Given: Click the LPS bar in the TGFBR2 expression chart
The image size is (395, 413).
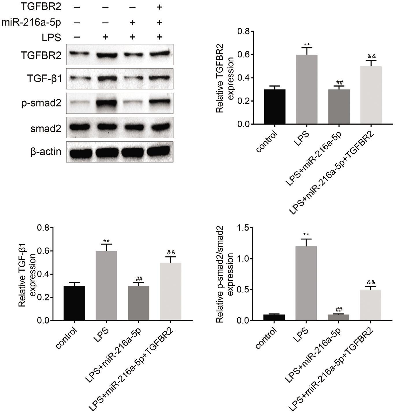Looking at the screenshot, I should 307,89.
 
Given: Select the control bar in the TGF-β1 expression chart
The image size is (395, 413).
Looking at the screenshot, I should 74,303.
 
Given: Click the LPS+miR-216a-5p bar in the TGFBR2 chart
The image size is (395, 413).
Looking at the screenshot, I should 339,107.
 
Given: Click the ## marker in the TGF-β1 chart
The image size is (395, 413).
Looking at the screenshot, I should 139,279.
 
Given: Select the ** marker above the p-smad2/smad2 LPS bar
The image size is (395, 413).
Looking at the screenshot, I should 306,234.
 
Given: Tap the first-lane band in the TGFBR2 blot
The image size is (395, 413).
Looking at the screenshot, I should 78,53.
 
